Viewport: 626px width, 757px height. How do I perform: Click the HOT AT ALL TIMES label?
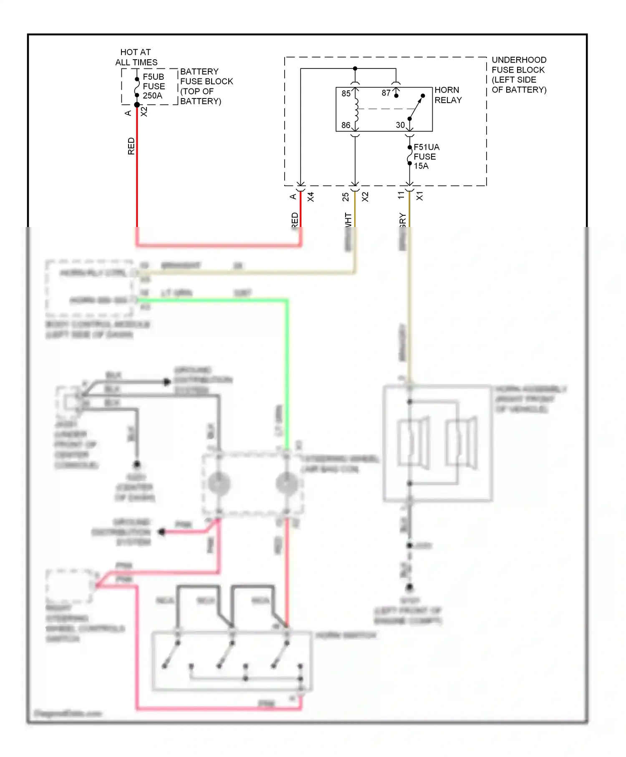click(x=136, y=57)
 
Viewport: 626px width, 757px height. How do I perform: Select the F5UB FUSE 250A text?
click(x=154, y=86)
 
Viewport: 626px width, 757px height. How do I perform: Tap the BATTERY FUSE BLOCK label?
click(x=206, y=86)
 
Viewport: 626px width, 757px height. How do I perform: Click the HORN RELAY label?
click(x=448, y=95)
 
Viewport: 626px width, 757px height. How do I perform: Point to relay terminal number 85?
click(x=346, y=93)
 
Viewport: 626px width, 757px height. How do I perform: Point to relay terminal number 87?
click(x=386, y=93)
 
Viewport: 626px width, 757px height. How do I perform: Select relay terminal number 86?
click(x=346, y=125)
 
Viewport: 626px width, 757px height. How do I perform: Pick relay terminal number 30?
click(x=400, y=125)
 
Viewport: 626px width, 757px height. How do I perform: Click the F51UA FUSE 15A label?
click(x=426, y=156)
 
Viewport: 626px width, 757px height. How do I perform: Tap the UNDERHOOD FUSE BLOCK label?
click(x=519, y=75)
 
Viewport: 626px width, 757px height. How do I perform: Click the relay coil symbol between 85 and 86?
click(x=356, y=109)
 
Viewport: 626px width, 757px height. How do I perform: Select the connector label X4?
click(x=311, y=197)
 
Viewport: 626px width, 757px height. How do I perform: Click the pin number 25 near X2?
click(x=346, y=197)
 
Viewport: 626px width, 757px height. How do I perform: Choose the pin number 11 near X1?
click(x=401, y=195)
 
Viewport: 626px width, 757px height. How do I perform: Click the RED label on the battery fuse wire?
click(x=131, y=146)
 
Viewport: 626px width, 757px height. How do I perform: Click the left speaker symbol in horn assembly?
click(x=413, y=442)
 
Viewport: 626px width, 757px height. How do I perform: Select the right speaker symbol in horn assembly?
click(x=461, y=442)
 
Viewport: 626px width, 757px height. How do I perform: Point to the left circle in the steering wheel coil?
click(x=219, y=484)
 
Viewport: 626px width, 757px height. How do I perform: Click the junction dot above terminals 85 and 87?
click(x=355, y=68)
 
